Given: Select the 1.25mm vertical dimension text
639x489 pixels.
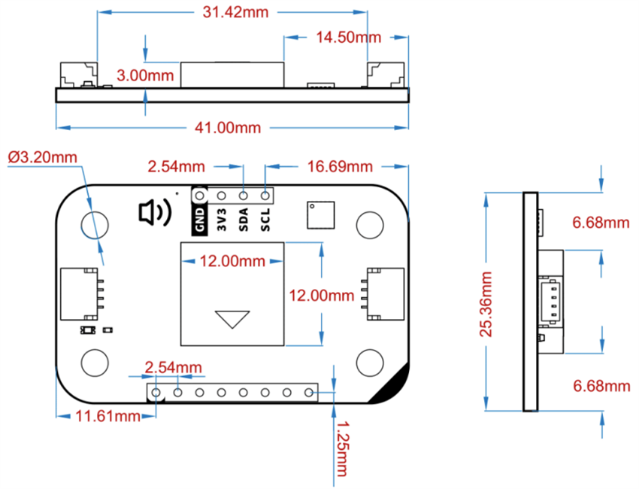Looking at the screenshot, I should pos(344,449).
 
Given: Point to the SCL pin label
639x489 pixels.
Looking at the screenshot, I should pos(265,218).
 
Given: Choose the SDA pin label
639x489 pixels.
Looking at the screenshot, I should pos(244,218).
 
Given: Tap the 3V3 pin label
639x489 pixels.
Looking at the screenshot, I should pos(222,218).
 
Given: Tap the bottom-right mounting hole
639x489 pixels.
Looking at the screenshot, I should pos(371,361).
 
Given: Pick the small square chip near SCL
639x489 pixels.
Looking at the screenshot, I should pos(321,214).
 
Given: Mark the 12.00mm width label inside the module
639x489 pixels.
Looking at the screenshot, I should pos(232,261).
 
